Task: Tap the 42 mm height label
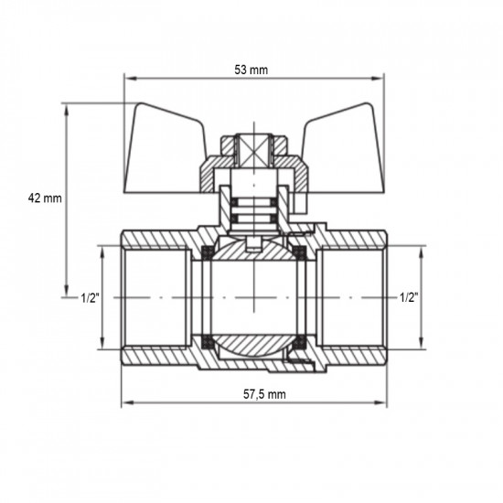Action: click(45, 198)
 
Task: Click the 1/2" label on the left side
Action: click(90, 298)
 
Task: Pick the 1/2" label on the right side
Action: click(410, 298)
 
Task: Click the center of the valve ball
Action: click(253, 298)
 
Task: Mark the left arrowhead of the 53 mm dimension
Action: click(127, 80)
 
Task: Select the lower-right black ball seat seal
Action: click(297, 346)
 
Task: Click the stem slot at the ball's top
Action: click(253, 244)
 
